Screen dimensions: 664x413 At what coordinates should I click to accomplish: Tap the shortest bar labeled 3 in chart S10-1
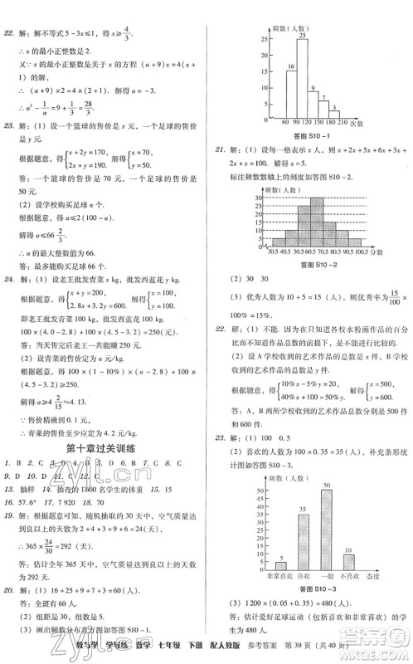(x=339, y=110)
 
